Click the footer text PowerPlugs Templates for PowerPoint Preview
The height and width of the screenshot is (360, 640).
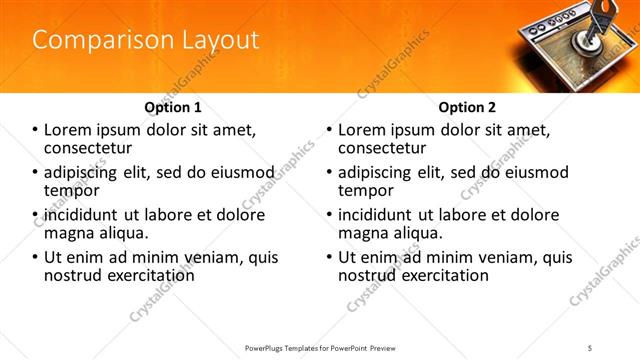click(x=319, y=348)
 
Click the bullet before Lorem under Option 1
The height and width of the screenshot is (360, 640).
click(x=36, y=130)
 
